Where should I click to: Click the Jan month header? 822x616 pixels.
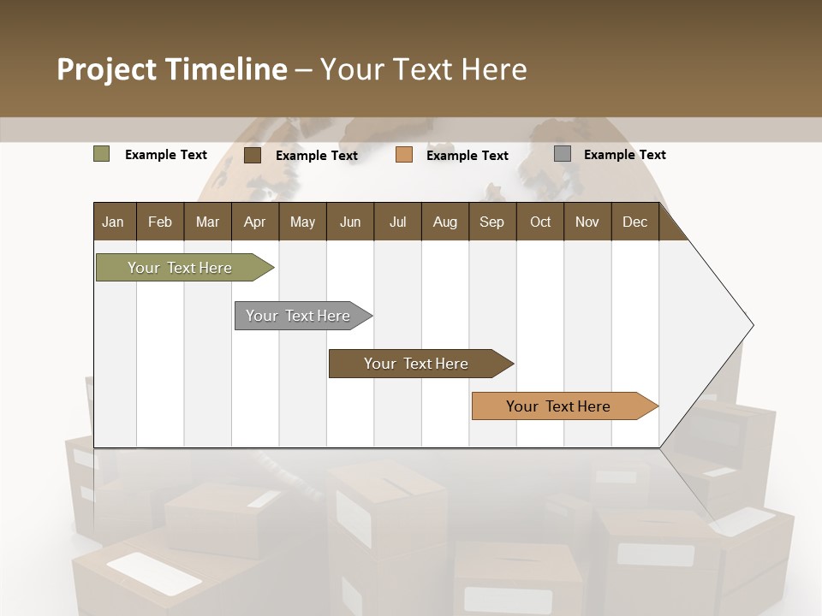point(113,222)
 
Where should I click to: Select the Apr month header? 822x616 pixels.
point(254,222)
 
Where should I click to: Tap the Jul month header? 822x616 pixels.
point(397,222)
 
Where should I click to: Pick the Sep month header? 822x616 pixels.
point(491,222)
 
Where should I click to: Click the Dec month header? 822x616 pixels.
point(634,222)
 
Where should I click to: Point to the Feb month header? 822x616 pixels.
point(160,222)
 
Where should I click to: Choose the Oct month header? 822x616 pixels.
point(540,222)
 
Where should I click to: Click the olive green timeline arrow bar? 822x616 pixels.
point(181,268)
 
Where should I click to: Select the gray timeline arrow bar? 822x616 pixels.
point(299,316)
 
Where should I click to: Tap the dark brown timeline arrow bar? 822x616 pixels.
point(417,364)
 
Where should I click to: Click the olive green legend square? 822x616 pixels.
point(101,154)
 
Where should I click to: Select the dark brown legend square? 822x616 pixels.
point(252,155)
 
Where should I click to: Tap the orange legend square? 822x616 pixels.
point(404,155)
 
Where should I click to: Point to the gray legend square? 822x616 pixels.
point(562,154)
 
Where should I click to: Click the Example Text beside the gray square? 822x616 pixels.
point(624,154)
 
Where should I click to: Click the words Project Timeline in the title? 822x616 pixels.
point(172,69)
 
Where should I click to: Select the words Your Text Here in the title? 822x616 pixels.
point(423,69)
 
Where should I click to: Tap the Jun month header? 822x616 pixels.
point(350,222)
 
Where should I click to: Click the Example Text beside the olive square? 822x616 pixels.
point(165,154)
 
